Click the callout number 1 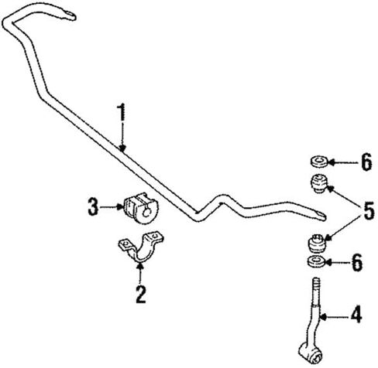(122, 112)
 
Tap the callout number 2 (141, 294)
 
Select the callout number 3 (93, 206)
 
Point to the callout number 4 (356, 314)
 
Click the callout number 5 (368, 210)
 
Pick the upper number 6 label (366, 162)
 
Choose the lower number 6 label (357, 262)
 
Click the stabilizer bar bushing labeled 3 (140, 208)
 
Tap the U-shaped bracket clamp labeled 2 (141, 246)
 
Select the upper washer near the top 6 (319, 162)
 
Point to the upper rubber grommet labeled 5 (319, 183)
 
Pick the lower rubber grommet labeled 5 (317, 243)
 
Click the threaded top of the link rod (316, 291)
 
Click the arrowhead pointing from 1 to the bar (122, 148)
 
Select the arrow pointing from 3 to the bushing (111, 206)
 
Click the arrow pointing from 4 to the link (334, 316)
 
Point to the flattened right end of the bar (319, 216)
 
